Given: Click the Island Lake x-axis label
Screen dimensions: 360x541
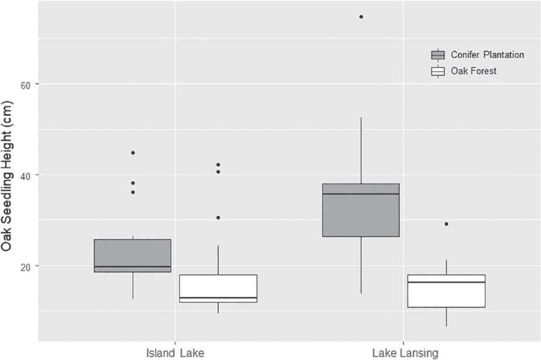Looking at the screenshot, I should coord(175,353).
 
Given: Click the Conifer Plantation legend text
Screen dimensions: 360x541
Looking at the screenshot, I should coord(487,55).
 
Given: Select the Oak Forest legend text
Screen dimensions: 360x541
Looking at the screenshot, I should coord(474,71).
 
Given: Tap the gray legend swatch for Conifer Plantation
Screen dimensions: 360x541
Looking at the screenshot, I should coord(438,55).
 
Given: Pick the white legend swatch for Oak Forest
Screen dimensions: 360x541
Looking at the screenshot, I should coord(438,71).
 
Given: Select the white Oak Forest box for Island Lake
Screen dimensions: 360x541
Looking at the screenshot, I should coord(218,288).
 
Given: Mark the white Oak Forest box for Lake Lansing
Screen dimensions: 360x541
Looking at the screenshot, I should coord(447,291).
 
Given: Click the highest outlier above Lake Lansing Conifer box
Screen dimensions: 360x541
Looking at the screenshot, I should coord(361,16).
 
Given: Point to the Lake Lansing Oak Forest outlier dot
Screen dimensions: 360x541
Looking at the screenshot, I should coord(447,224).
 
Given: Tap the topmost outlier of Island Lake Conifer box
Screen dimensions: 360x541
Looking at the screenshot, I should coord(133,153).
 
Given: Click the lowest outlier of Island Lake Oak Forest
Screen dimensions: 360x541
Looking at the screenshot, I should coord(218,217).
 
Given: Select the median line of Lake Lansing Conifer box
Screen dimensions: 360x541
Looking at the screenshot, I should coord(361,194).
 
